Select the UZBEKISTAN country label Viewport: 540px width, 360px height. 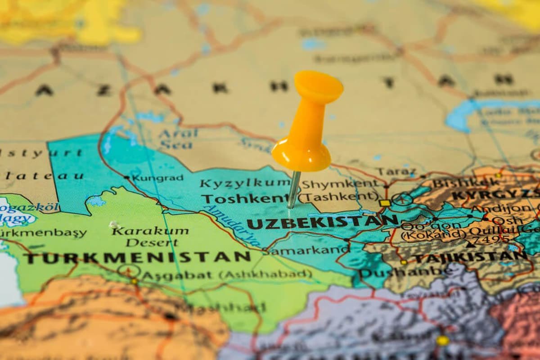pos(322,222)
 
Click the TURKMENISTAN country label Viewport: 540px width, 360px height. pos(137,257)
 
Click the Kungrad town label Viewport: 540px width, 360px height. pos(157,178)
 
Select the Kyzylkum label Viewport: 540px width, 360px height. pos(245,183)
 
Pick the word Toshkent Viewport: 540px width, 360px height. pos(244,198)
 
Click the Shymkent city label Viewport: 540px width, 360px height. pos(340,184)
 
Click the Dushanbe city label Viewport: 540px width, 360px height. pos(405,272)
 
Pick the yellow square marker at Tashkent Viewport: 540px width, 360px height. pos(385,203)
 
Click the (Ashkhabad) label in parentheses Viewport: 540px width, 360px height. pos(265,274)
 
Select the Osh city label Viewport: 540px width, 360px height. pos(507,220)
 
